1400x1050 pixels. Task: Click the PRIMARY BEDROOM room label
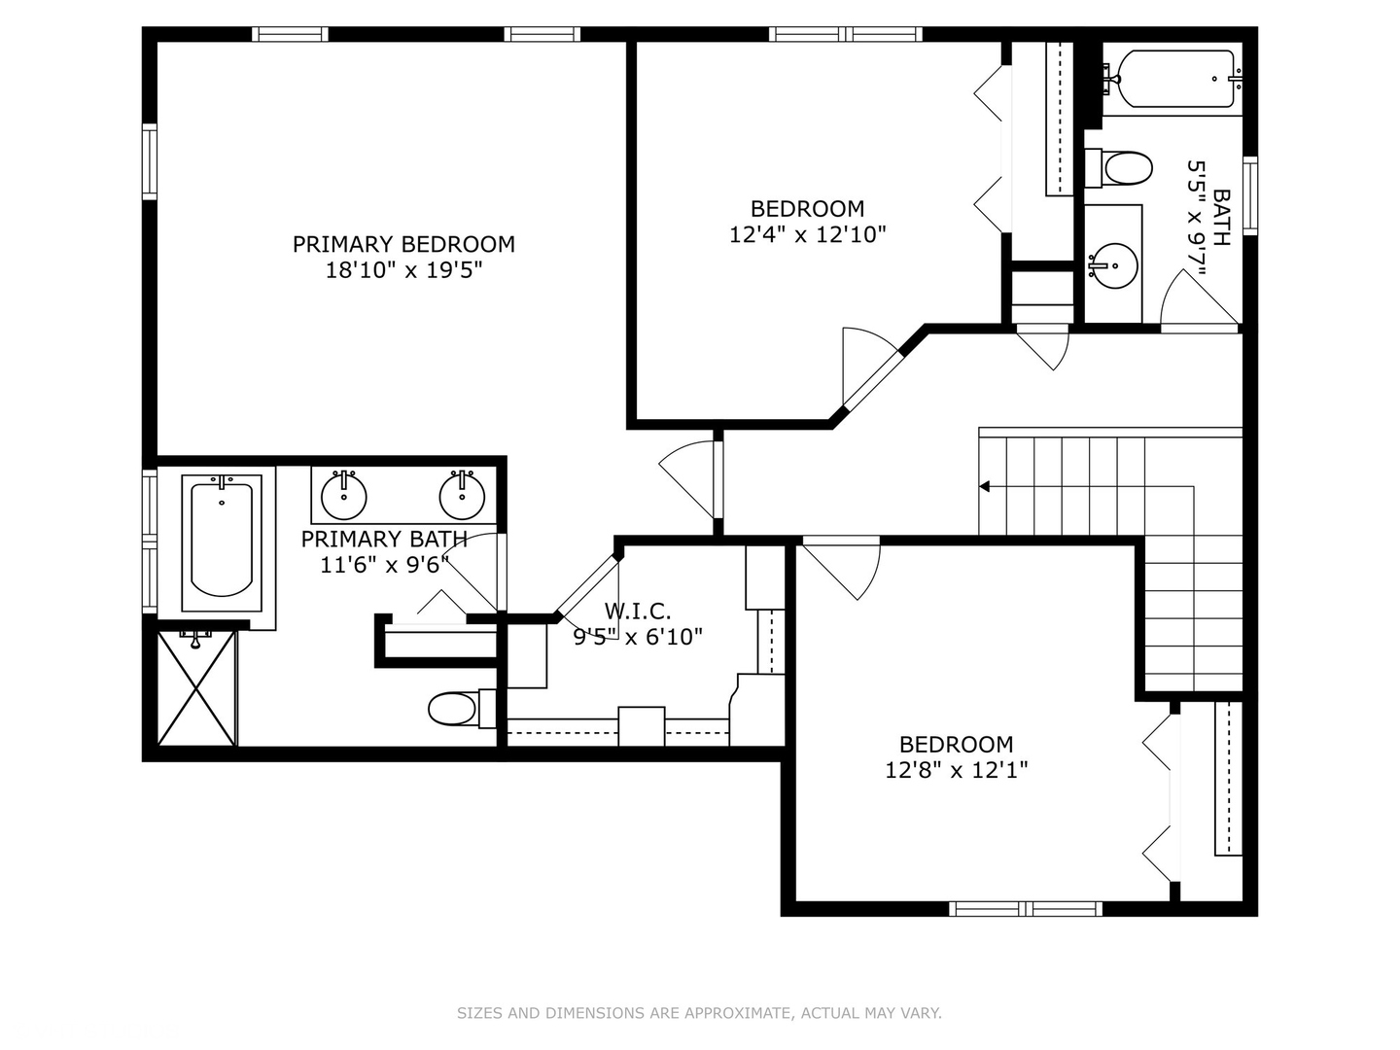pos(403,244)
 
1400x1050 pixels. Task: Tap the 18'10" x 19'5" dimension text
pos(403,270)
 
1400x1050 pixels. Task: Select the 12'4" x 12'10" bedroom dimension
pos(807,234)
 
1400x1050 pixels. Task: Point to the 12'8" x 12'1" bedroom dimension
pos(956,770)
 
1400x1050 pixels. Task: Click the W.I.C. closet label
pos(638,612)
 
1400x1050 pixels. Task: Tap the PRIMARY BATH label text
pos(384,540)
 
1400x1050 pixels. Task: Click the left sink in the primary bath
pos(343,495)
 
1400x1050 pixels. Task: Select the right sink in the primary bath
pos(462,495)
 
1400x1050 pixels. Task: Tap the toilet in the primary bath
pos(452,709)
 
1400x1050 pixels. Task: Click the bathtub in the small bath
pos(1176,78)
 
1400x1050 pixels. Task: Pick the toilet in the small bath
pos(1124,167)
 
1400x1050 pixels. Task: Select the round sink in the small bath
pos(1112,262)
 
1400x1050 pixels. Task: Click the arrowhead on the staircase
pos(985,486)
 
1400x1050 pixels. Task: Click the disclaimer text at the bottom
pos(699,1013)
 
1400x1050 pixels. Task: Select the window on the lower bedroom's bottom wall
pos(1025,909)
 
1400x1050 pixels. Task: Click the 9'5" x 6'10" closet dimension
pos(638,638)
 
